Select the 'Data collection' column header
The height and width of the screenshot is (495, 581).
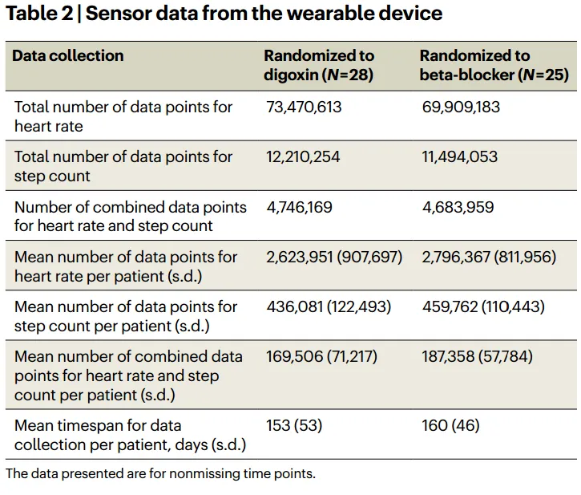click(x=69, y=56)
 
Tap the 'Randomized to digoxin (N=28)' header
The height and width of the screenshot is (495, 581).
click(x=319, y=66)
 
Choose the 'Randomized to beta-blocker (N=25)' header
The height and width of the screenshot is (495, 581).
click(x=494, y=66)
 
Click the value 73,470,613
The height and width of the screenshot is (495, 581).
click(x=304, y=107)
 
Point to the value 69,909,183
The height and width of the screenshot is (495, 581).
click(x=461, y=107)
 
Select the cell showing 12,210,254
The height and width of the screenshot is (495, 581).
click(x=303, y=157)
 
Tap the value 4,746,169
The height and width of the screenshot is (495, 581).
click(x=299, y=207)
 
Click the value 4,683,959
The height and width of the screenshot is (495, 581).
click(x=458, y=207)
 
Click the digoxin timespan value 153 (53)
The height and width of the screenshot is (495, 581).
click(x=294, y=425)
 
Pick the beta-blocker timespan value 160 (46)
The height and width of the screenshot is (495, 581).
click(x=451, y=425)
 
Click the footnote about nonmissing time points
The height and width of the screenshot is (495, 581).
click(x=160, y=473)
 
